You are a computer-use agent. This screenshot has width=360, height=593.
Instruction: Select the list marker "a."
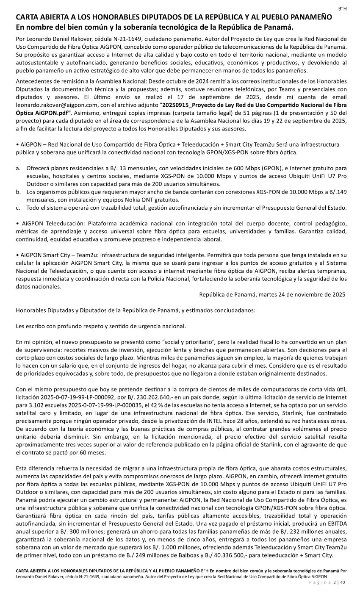18,169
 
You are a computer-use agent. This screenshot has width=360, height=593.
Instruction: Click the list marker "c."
18,208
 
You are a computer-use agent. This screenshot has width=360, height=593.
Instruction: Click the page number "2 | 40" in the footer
339,582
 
